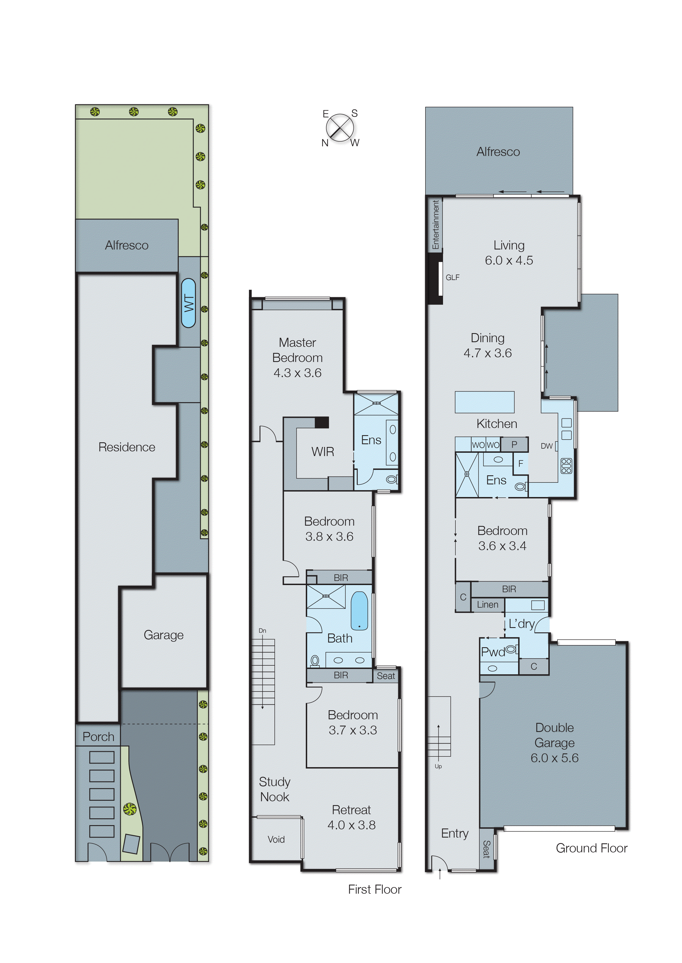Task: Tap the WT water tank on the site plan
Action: point(188,303)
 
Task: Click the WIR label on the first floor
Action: point(323,452)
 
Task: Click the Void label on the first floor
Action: point(276,839)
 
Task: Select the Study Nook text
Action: point(275,789)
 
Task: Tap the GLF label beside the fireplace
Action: point(452,277)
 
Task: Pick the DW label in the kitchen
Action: point(546,446)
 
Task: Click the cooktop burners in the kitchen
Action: point(566,466)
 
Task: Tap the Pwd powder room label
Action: point(493,652)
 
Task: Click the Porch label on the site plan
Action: point(98,737)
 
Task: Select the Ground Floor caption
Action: point(591,848)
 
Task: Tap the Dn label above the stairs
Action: point(262,631)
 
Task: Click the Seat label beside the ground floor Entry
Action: point(486,849)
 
